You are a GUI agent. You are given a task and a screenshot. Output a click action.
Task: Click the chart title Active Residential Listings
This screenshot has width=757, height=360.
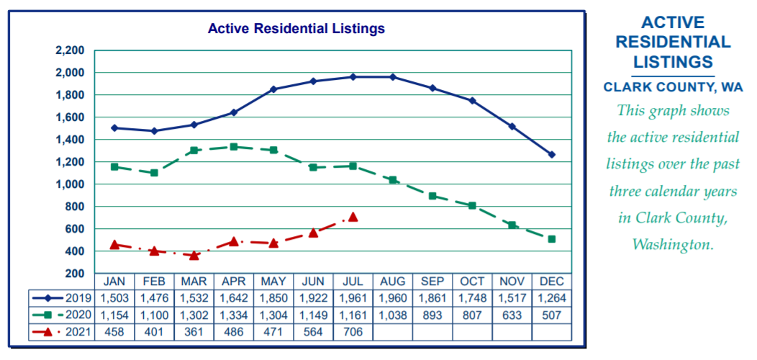(296, 29)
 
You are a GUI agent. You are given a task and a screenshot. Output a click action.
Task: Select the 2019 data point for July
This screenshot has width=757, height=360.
(353, 76)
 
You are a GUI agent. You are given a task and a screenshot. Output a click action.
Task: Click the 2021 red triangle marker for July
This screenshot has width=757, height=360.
(353, 217)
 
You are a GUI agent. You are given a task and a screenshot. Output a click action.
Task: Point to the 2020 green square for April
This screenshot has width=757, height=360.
(233, 147)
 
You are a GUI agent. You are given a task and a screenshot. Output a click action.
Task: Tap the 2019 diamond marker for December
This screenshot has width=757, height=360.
(552, 154)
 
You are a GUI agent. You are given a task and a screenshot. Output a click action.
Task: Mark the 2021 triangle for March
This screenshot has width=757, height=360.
(194, 255)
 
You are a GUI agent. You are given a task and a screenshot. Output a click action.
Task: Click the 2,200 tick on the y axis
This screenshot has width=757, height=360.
(70, 50)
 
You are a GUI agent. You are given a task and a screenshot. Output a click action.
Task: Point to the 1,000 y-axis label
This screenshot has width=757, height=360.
(70, 184)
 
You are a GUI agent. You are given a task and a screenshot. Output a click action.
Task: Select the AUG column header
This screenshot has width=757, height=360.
(393, 281)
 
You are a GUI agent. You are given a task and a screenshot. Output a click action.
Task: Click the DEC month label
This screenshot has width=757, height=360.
(552, 281)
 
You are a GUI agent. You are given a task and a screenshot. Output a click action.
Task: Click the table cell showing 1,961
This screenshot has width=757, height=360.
(353, 297)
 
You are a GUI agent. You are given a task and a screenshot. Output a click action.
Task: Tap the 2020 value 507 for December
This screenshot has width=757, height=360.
(552, 315)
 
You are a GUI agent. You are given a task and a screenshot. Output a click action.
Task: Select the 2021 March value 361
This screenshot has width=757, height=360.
(194, 332)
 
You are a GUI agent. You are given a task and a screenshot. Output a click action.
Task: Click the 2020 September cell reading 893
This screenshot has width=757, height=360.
(432, 315)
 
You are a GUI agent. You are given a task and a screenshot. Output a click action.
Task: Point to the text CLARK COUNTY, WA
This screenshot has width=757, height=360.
(673, 87)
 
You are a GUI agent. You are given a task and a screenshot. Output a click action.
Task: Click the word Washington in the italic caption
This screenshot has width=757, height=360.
(673, 245)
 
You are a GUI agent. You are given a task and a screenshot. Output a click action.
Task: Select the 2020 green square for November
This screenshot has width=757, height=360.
(512, 225)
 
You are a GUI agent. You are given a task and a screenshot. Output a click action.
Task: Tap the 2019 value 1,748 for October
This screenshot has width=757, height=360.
(472, 297)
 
